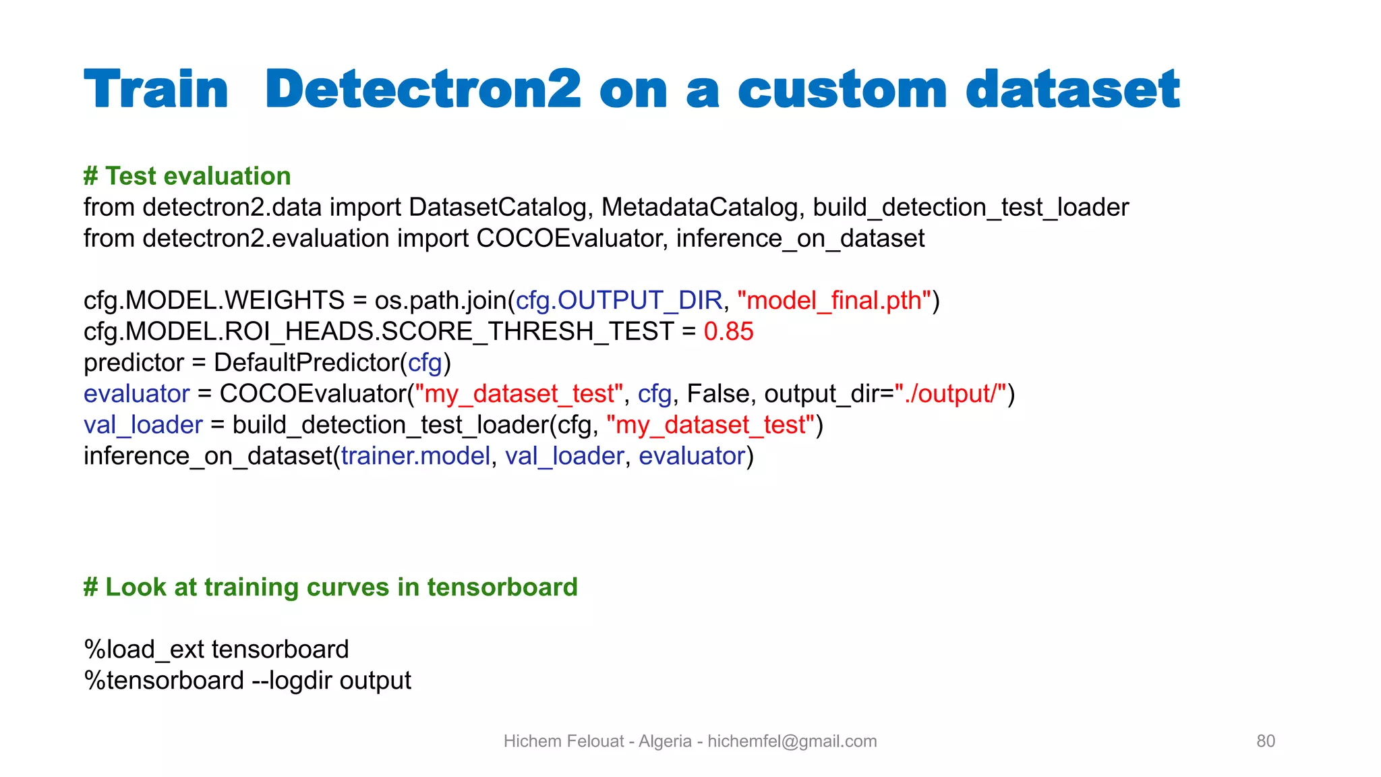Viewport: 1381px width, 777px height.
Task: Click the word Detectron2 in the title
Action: [423, 90]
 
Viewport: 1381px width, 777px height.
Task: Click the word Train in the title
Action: [156, 90]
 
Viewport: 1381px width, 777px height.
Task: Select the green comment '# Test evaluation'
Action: [187, 176]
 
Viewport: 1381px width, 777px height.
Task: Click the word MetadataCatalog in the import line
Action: [699, 207]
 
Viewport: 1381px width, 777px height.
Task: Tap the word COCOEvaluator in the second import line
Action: [571, 238]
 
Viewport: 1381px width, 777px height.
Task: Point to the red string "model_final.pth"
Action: [834, 300]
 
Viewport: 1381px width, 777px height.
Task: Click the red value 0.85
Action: [728, 331]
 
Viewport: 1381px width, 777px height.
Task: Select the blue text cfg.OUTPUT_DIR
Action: [618, 300]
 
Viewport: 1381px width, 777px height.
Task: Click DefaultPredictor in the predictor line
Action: [307, 362]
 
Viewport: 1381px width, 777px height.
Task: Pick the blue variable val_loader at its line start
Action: [143, 424]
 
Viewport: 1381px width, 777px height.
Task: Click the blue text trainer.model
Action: [415, 456]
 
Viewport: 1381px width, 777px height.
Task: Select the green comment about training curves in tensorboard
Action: [330, 587]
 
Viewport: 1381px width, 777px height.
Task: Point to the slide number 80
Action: [1265, 741]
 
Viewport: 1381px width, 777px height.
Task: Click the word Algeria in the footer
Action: [665, 741]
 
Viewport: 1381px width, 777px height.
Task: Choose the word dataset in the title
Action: [1072, 90]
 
